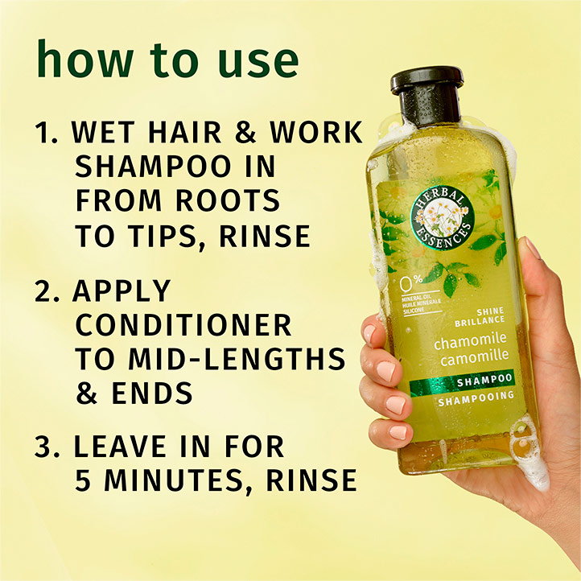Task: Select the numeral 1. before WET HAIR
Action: (x=47, y=133)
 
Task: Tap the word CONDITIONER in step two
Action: (x=183, y=324)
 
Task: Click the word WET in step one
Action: (x=105, y=133)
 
